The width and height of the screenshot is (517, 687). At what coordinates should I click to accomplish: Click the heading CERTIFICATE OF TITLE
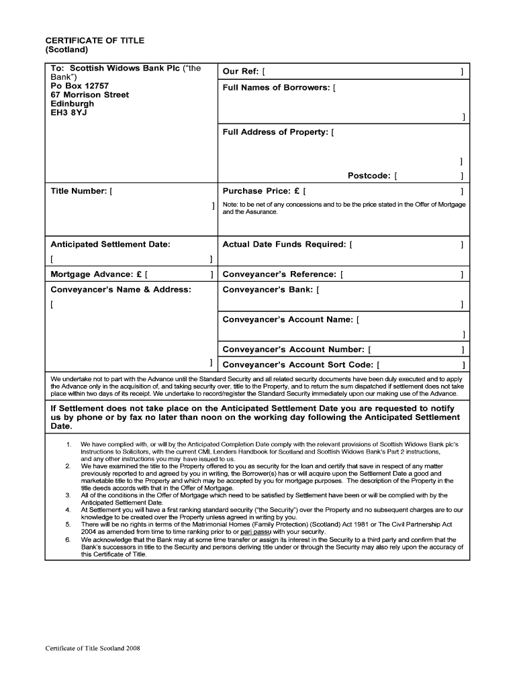tap(95, 41)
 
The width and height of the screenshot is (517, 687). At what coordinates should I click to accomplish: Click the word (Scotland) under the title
tap(66, 50)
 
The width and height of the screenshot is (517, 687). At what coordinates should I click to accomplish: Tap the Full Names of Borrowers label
tap(276, 88)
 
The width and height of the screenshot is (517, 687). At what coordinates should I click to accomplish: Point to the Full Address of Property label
tap(275, 132)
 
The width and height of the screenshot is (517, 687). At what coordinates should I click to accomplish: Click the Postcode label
tap(369, 176)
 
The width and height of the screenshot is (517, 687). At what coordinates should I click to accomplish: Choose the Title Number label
tap(79, 191)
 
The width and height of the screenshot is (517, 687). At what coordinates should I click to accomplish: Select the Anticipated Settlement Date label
tap(110, 245)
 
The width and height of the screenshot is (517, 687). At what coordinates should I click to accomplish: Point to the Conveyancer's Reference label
tap(279, 274)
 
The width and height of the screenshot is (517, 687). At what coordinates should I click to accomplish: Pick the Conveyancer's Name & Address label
tap(121, 290)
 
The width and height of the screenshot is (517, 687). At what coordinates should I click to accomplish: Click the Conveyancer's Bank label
tap(267, 290)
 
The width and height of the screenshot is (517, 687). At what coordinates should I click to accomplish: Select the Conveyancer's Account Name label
tap(287, 320)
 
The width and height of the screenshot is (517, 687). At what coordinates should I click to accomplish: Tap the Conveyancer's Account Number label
tap(293, 350)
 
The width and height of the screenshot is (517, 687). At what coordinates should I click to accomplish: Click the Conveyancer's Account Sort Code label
tap(297, 365)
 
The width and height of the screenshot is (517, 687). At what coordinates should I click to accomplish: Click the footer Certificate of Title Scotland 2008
tap(93, 648)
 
